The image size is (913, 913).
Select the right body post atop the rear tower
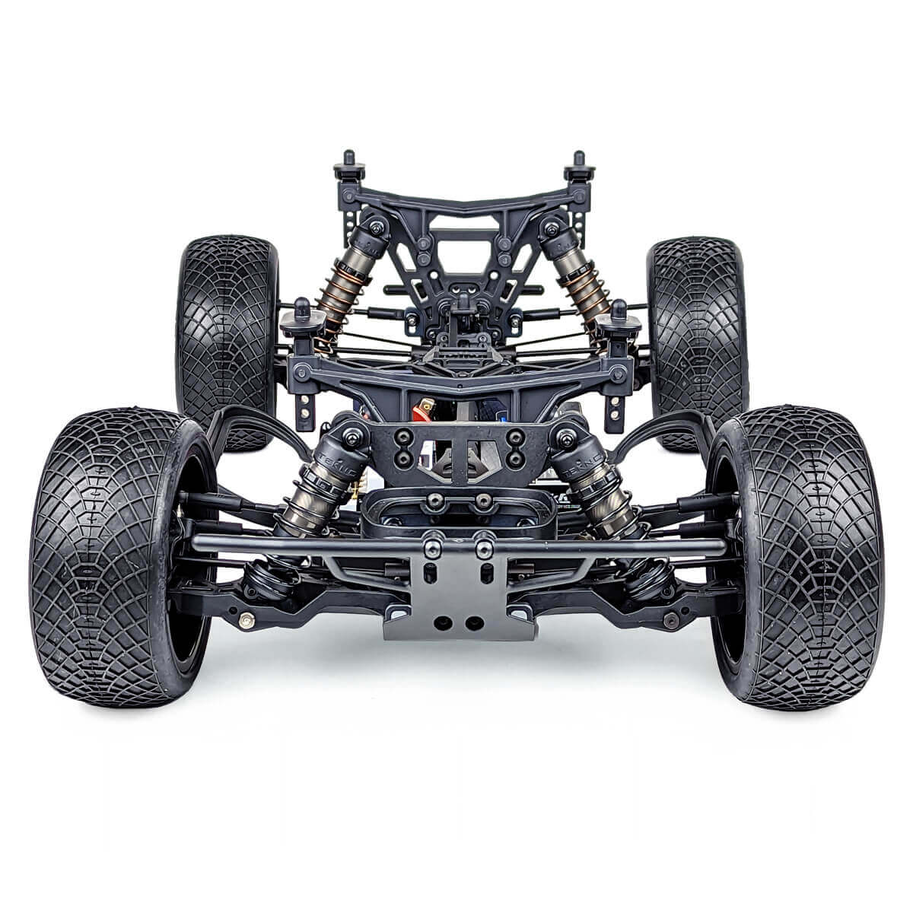[x=580, y=163]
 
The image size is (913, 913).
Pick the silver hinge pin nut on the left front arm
[x=245, y=621]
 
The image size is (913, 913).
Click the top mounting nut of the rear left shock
[x=374, y=225]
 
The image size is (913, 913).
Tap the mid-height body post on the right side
[x=620, y=311]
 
